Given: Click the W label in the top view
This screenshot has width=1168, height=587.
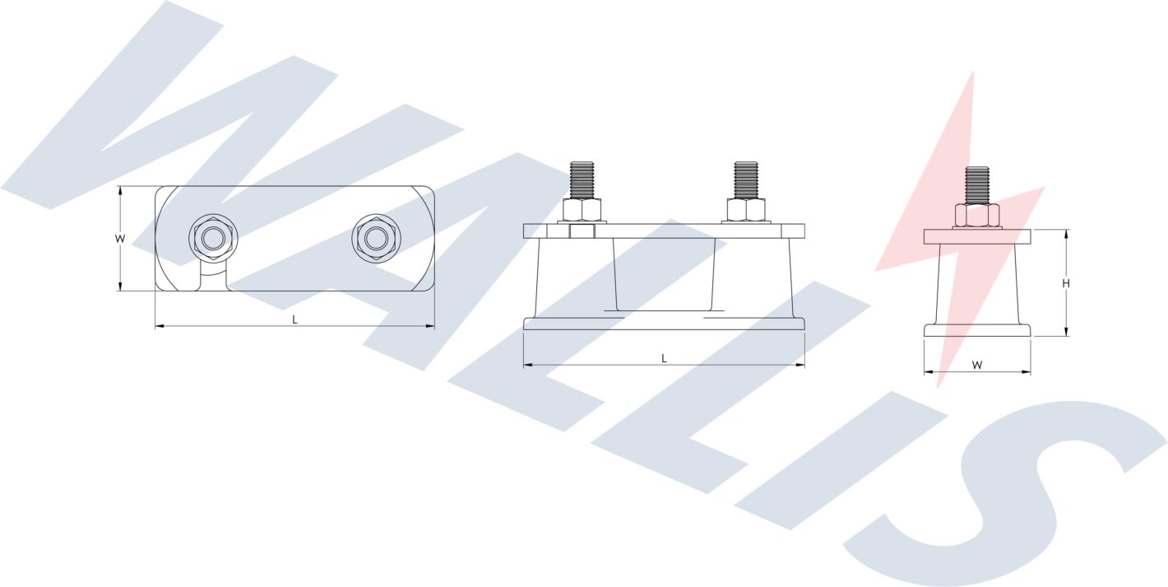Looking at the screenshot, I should coord(120,239).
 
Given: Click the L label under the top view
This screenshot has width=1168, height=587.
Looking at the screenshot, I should coord(295,319).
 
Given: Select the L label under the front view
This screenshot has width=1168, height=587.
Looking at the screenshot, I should coord(664,358).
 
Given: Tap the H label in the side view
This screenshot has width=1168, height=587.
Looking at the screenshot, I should coord(1066,283).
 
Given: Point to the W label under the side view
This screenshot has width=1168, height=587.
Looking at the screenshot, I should coord(977,364).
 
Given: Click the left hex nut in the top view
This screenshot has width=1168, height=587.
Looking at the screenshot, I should coord(214,239).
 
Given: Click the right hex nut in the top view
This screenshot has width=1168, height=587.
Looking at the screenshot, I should coord(376,239).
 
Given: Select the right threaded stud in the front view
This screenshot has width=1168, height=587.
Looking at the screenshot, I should coord(746,179).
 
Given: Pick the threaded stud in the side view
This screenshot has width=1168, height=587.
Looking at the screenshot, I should coord(977,184).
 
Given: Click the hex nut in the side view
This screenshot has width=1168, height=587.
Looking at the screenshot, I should coord(977,215).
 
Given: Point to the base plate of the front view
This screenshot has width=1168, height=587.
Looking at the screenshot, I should coord(664,324).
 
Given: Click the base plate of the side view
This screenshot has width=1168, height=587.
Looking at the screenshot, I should coord(977,330).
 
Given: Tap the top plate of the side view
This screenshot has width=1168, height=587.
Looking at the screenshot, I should coord(977,236).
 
